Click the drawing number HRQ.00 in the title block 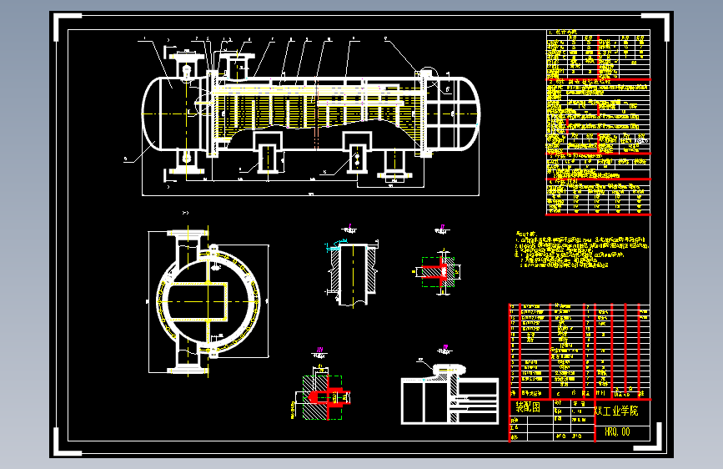618,431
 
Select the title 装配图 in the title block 528,408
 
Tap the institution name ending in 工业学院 617,411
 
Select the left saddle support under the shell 269,153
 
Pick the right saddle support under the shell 359,153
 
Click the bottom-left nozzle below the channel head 184,162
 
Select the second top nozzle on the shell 238,62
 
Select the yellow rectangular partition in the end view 200,301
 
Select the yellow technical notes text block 580,250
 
